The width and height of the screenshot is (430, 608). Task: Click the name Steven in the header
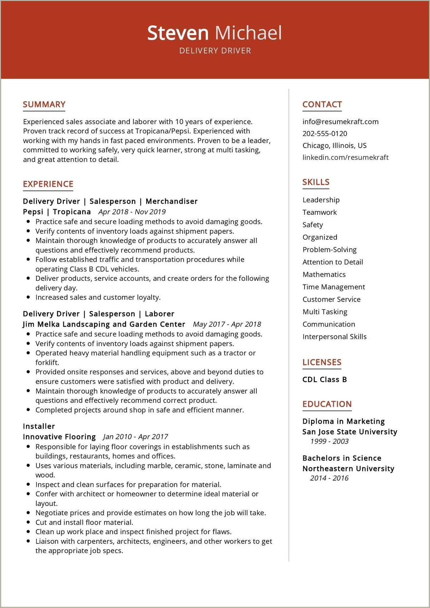(x=178, y=33)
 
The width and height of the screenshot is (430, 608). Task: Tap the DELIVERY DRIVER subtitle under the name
(x=215, y=51)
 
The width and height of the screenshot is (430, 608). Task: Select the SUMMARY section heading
(x=44, y=105)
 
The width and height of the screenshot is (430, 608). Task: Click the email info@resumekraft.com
(x=340, y=122)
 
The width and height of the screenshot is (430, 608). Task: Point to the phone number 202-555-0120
(x=324, y=133)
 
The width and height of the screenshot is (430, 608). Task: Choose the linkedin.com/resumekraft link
(x=345, y=157)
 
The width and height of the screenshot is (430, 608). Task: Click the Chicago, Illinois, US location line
(x=334, y=146)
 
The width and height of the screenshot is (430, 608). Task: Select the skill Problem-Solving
(x=329, y=250)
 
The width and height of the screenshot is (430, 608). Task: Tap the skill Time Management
(x=333, y=287)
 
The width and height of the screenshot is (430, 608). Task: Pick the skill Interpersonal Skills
(x=334, y=337)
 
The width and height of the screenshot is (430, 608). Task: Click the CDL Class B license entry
(x=324, y=380)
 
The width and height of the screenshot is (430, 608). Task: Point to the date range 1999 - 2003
(x=329, y=441)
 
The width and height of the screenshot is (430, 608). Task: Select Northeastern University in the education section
(x=348, y=468)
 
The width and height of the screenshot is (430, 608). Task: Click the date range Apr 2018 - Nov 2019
(x=132, y=212)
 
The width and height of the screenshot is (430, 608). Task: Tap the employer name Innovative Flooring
(x=59, y=437)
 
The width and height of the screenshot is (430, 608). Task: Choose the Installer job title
(x=39, y=426)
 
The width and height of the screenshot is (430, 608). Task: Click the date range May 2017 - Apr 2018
(x=227, y=324)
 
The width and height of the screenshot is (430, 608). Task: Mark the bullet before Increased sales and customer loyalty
(x=28, y=297)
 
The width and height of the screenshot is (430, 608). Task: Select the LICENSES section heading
(x=322, y=363)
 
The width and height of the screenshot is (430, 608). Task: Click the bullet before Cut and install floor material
(x=28, y=522)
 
